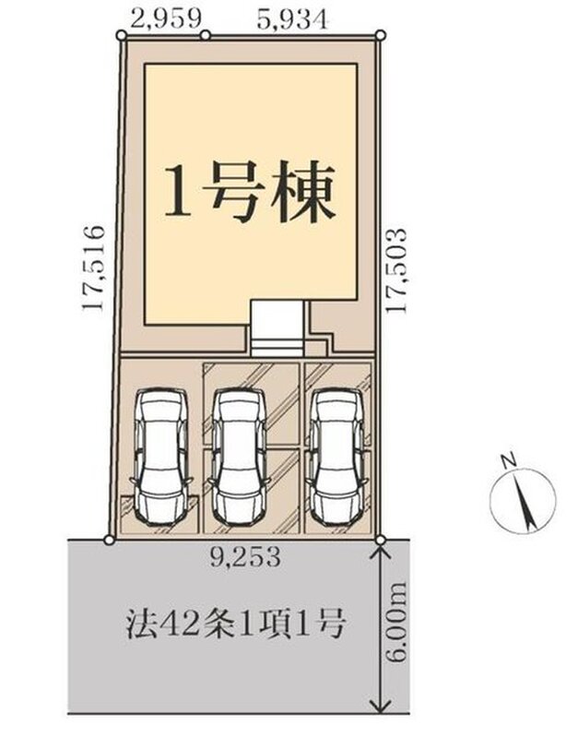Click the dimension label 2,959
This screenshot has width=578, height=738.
[x=166, y=19]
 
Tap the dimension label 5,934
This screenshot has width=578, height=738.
[x=292, y=19]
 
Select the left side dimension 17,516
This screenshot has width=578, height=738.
[x=93, y=268]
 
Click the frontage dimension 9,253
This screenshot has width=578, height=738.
[x=246, y=559]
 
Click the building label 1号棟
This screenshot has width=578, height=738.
[x=250, y=193]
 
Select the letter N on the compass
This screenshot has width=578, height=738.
[x=508, y=460]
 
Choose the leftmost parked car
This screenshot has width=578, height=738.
[x=160, y=456]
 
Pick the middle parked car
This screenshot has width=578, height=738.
[x=238, y=456]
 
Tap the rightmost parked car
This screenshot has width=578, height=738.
[x=336, y=456]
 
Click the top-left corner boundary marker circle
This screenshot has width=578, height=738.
[x=122, y=35]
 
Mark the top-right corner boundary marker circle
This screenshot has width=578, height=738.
[x=381, y=35]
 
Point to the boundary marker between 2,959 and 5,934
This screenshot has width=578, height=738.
[x=206, y=35]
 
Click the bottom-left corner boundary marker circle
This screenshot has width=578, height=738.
[x=109, y=540]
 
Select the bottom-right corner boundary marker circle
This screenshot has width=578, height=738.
[x=381, y=540]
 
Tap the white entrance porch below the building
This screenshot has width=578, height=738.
[x=276, y=328]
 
